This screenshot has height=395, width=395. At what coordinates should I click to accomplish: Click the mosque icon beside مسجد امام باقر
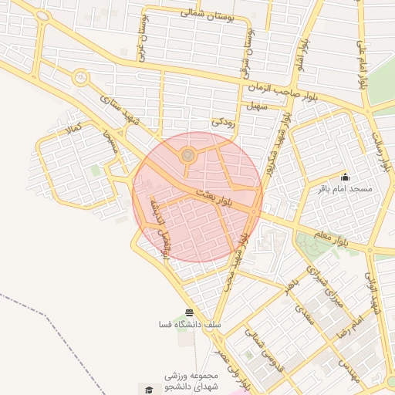(344, 177)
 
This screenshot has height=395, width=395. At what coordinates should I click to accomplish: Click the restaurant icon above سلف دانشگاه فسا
(189, 312)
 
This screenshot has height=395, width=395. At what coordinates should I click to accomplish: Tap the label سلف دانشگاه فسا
(189, 325)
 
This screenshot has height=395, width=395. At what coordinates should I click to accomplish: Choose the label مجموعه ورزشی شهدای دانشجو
(189, 380)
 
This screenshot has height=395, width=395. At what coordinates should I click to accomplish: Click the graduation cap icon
(147, 388)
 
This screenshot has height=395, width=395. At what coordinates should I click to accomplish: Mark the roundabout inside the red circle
(187, 156)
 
